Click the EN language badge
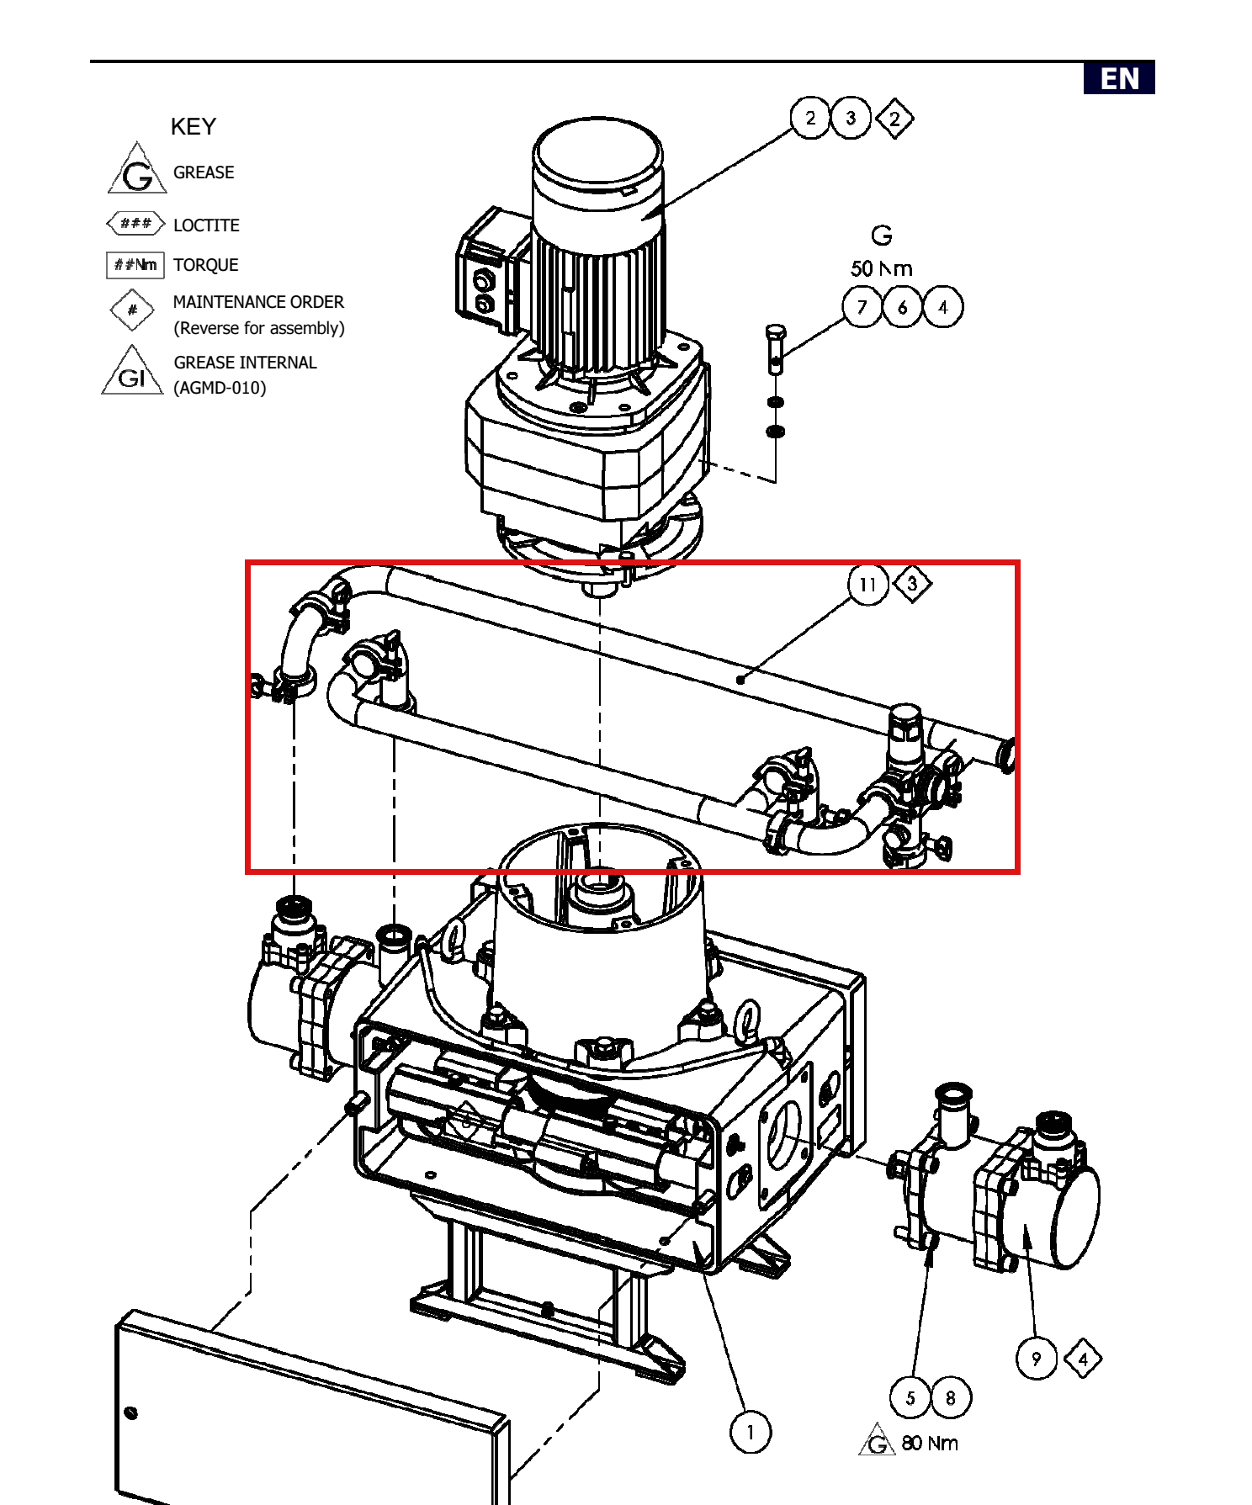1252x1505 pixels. (1118, 77)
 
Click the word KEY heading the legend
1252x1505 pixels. (193, 126)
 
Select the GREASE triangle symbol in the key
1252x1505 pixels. (137, 169)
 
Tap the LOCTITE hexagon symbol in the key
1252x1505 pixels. (135, 224)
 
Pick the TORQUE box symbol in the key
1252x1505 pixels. (135, 265)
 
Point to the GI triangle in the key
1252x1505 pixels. (132, 372)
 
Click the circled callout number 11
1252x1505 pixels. (868, 585)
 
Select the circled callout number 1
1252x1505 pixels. (751, 1431)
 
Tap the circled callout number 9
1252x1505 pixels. (1037, 1359)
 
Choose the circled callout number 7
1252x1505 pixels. (862, 307)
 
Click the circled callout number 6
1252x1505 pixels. (903, 307)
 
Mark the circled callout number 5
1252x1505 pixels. (910, 1398)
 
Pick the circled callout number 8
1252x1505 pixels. (951, 1398)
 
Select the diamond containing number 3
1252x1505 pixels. (913, 584)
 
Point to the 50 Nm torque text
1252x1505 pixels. (882, 269)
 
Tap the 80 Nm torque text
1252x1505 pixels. (930, 1444)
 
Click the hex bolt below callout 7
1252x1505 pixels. (775, 349)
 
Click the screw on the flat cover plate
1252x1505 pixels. (130, 1412)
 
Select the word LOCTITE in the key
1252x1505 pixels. (206, 225)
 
